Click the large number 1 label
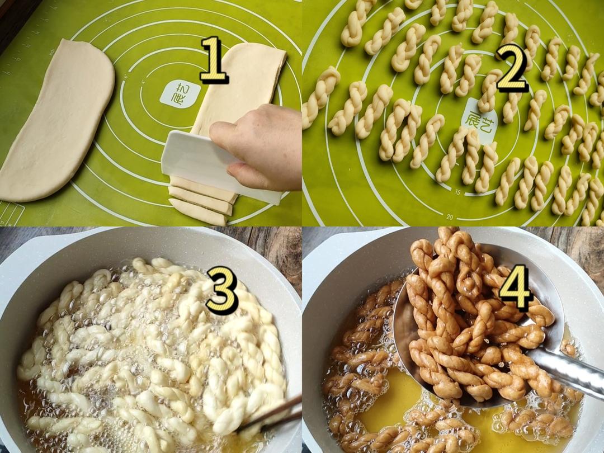(214, 60)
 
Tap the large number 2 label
(512, 69)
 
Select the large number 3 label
(222, 290)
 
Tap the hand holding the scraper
(258, 147)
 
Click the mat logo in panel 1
(180, 95)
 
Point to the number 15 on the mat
(457, 192)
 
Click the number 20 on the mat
(450, 217)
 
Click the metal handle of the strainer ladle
(566, 370)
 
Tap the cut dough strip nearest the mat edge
(198, 212)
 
